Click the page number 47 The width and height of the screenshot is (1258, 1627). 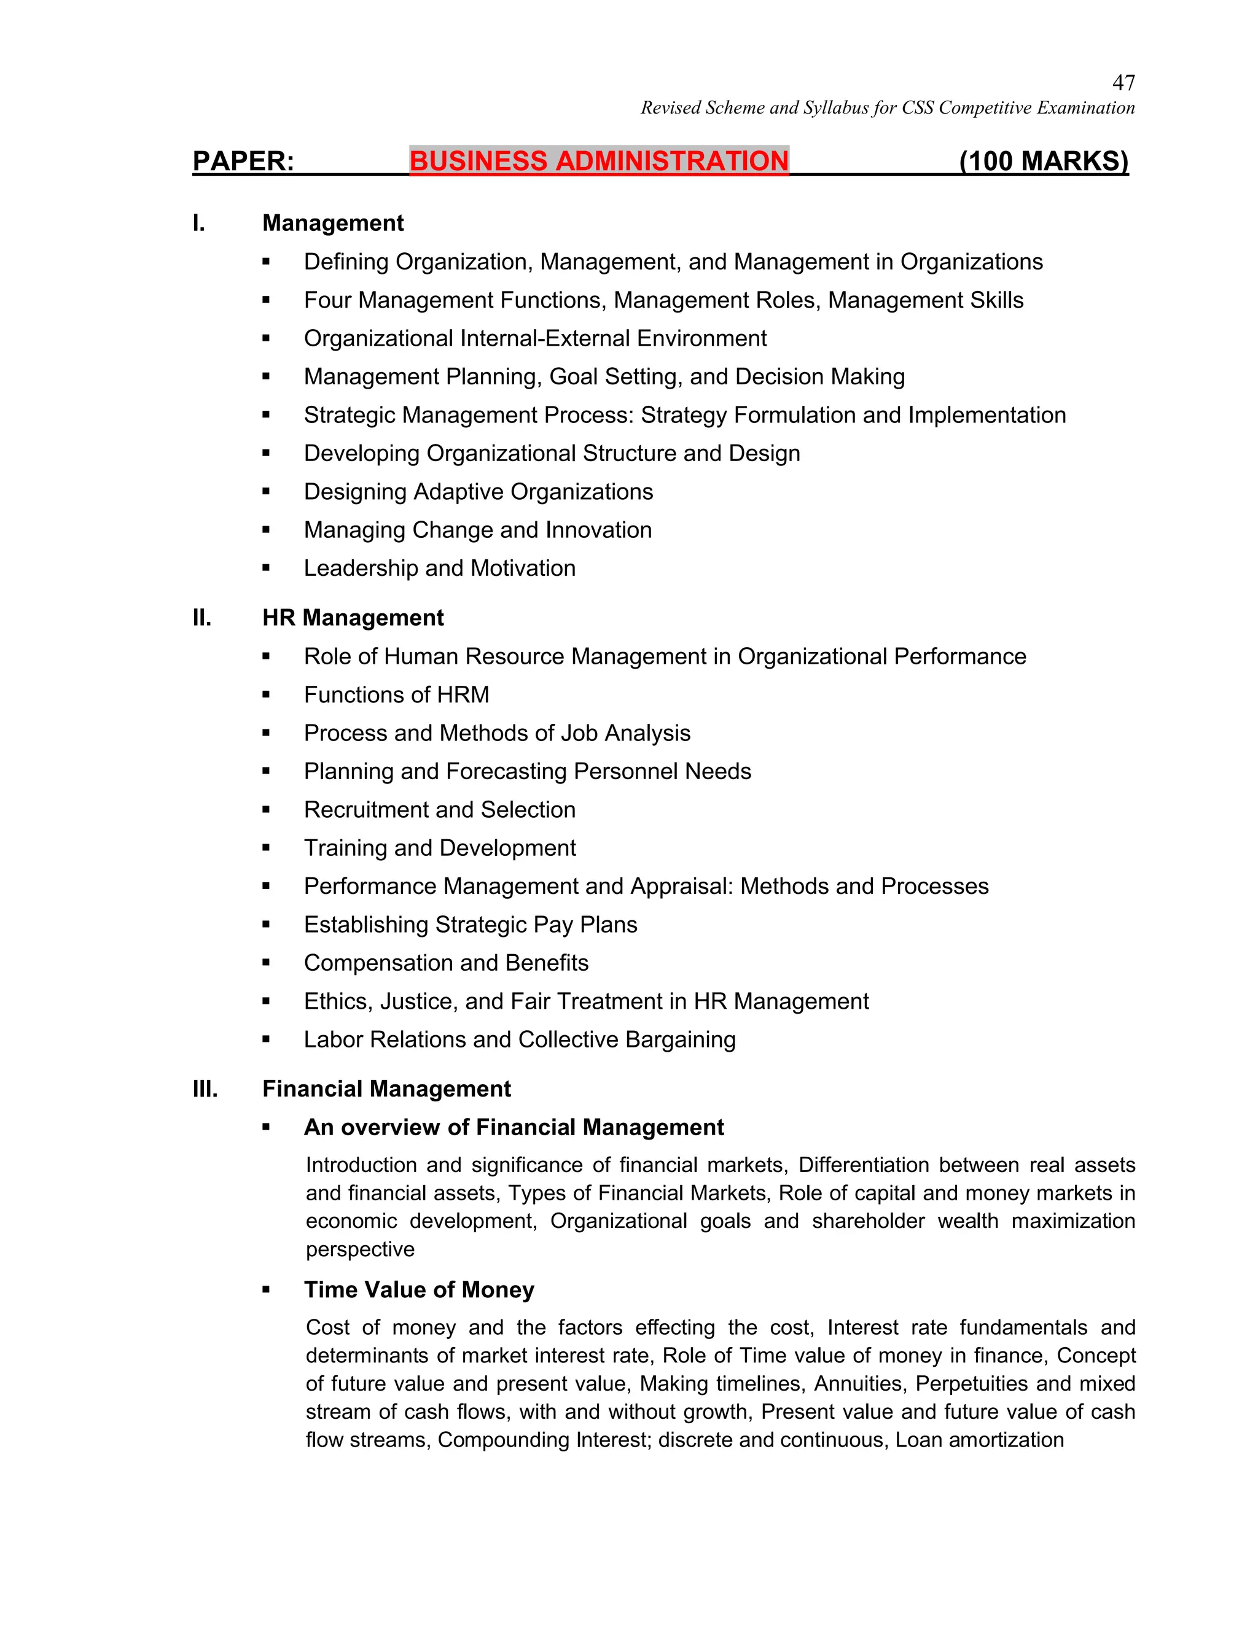coord(1123,83)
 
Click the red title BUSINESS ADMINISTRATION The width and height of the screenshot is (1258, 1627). coord(598,161)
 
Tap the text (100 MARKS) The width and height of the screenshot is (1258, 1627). coord(1044,161)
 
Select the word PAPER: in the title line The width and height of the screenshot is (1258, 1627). coord(243,161)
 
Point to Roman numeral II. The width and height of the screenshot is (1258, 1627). coord(202,618)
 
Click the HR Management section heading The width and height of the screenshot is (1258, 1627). coord(353,618)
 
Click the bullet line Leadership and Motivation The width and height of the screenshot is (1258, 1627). coord(439,568)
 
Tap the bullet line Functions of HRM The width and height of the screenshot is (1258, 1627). coord(396,694)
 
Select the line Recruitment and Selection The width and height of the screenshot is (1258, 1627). coord(439,809)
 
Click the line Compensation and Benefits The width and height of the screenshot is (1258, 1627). coord(446,963)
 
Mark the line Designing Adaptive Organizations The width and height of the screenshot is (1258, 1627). coord(478,492)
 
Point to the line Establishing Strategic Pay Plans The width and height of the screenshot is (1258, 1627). coord(471,925)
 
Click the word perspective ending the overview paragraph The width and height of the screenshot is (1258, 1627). coord(360,1249)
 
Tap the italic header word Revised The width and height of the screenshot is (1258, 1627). coord(671,108)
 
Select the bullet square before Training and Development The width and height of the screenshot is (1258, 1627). coord(266,848)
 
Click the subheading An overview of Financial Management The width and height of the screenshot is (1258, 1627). coord(514,1127)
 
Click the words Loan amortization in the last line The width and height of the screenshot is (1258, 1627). coord(979,1440)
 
